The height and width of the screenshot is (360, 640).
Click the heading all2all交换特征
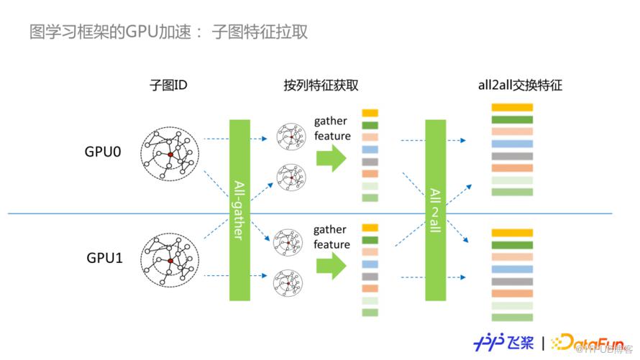[x=521, y=85]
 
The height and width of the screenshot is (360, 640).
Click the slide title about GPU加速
[x=170, y=32]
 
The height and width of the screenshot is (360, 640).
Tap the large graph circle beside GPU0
[x=170, y=154]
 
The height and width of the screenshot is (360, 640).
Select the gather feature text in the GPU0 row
[x=332, y=129]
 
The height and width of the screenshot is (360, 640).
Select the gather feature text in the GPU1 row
[x=332, y=237]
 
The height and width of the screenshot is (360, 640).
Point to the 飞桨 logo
[x=503, y=340]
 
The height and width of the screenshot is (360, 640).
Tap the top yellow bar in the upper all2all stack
[x=512, y=108]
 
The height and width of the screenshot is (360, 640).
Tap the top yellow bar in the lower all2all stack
[x=512, y=233]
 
